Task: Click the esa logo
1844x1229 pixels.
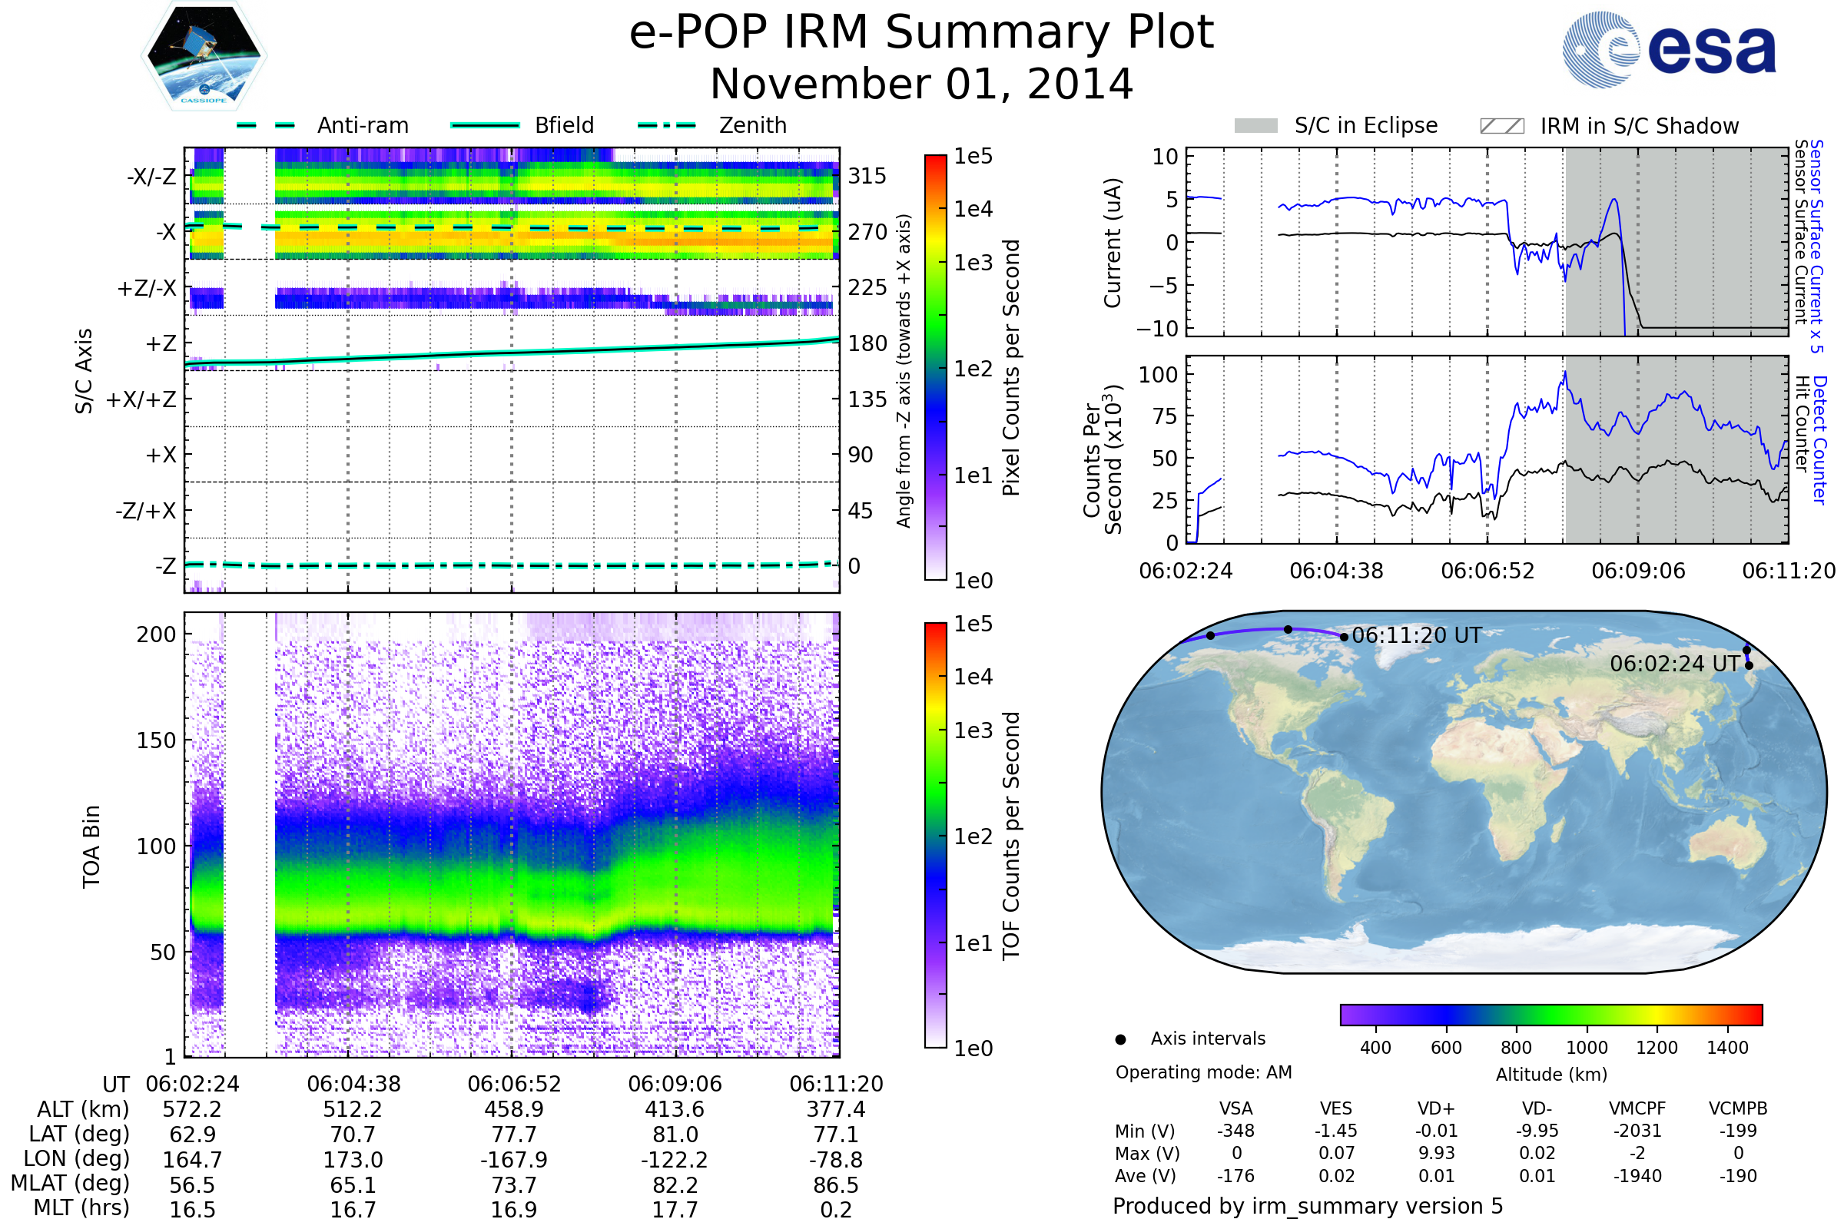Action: click(1668, 48)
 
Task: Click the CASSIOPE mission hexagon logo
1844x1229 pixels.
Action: click(204, 55)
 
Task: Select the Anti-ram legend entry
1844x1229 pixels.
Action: click(322, 125)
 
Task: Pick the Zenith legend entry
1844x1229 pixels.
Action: click(712, 125)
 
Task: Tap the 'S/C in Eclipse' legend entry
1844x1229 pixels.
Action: click(1335, 125)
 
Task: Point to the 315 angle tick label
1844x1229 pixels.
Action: click(867, 176)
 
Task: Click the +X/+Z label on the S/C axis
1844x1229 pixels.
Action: click(141, 399)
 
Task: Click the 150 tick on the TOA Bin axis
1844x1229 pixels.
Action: click(156, 740)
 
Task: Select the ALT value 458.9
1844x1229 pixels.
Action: click(513, 1109)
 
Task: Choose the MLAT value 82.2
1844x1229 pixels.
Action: click(675, 1185)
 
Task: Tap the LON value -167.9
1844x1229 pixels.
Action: click(513, 1159)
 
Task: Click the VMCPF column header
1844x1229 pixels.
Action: click(1637, 1108)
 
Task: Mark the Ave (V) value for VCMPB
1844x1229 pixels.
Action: click(1738, 1176)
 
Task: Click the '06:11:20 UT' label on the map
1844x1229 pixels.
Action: click(1417, 635)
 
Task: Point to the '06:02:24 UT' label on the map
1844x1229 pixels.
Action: click(1675, 664)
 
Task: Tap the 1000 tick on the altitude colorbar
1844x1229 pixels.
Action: click(1587, 1048)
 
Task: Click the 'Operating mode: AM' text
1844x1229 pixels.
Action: click(1203, 1072)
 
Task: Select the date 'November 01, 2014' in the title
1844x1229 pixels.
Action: click(921, 84)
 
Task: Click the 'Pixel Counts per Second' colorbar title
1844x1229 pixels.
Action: click(1011, 367)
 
